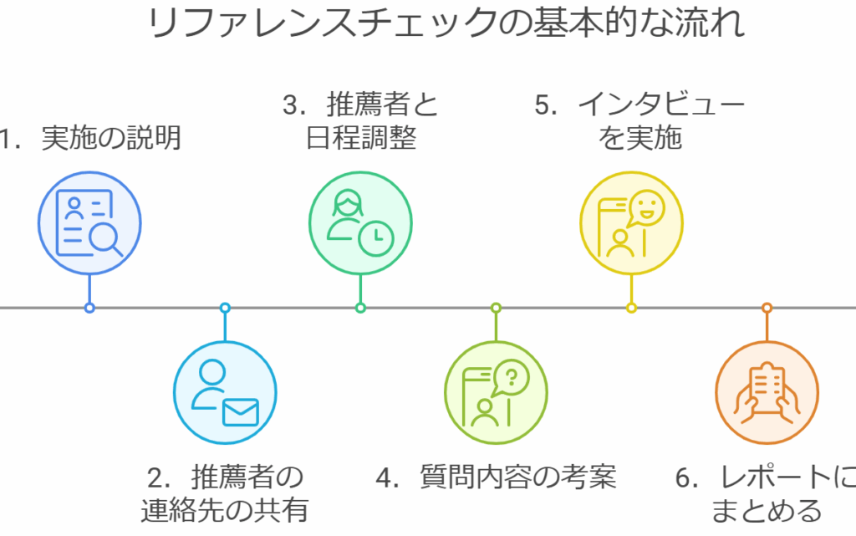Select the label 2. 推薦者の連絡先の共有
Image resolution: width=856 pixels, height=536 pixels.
point(225,493)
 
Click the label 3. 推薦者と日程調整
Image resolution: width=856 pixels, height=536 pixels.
point(360,121)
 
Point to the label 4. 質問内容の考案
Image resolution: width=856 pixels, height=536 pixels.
point(496,477)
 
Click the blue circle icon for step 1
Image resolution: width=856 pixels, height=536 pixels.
point(89,223)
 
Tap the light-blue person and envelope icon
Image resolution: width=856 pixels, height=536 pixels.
point(225,393)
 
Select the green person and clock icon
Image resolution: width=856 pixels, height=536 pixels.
point(360,223)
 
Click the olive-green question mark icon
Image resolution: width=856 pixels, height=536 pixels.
point(496,393)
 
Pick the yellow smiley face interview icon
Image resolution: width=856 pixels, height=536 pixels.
point(631,223)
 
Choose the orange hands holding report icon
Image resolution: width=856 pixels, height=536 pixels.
point(767,393)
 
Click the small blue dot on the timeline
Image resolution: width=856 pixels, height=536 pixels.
point(89,308)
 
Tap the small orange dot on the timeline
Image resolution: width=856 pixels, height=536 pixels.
point(767,308)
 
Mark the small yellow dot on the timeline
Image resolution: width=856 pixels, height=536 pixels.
point(631,308)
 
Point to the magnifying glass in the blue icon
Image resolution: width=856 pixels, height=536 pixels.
point(105,239)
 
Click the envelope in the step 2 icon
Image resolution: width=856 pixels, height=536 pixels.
point(240,411)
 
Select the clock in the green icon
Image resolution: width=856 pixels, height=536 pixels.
point(377,238)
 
